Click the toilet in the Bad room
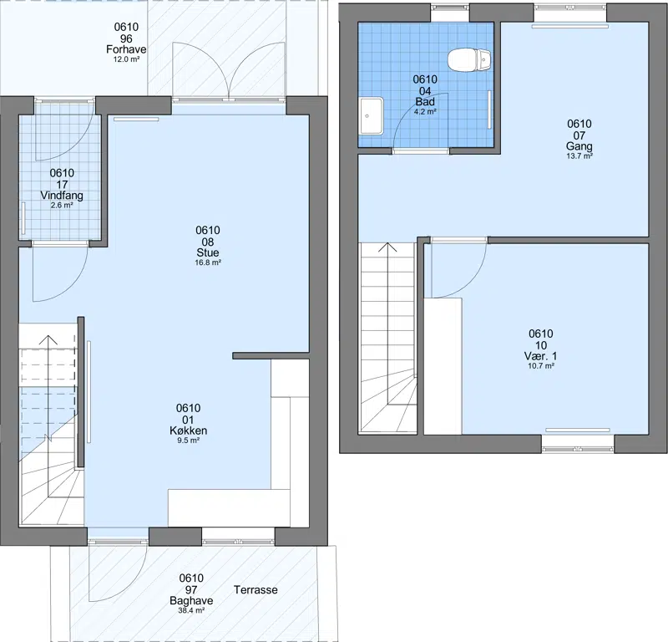pyautogui.click(x=469, y=59)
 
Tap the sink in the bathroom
pyautogui.click(x=372, y=115)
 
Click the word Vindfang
pyautogui.click(x=62, y=196)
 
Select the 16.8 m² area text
pyautogui.click(x=208, y=262)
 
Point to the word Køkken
pyautogui.click(x=189, y=431)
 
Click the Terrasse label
pyautogui.click(x=256, y=590)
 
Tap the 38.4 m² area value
pyautogui.click(x=191, y=610)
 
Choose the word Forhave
pyautogui.click(x=126, y=49)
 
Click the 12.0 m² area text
pyautogui.click(x=126, y=59)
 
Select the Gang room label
pyautogui.click(x=579, y=146)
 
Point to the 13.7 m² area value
pyautogui.click(x=579, y=156)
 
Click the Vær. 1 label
pyautogui.click(x=540, y=356)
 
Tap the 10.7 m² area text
pyautogui.click(x=541, y=366)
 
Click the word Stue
pyautogui.click(x=208, y=252)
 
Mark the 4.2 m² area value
pyautogui.click(x=425, y=112)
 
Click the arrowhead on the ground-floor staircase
pyautogui.click(x=48, y=339)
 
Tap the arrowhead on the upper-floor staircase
pyautogui.click(x=388, y=247)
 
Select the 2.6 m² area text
pyautogui.click(x=62, y=205)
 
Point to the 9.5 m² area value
pyautogui.click(x=189, y=441)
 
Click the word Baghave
pyautogui.click(x=191, y=601)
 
